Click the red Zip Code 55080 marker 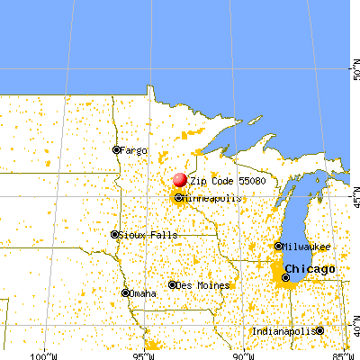pyautogui.click(x=179, y=180)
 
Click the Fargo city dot pyautogui.click(x=116, y=149)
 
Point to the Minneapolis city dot pyautogui.click(x=178, y=197)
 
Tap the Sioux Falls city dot pyautogui.click(x=114, y=235)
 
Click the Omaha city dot pyautogui.click(x=124, y=292)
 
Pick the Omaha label pyautogui.click(x=142, y=293)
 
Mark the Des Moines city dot pyautogui.click(x=172, y=285)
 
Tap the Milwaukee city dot pyautogui.click(x=277, y=246)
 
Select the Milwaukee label pyautogui.click(x=306, y=246)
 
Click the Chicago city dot pyautogui.click(x=285, y=277)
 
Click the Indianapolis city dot pyautogui.click(x=319, y=330)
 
